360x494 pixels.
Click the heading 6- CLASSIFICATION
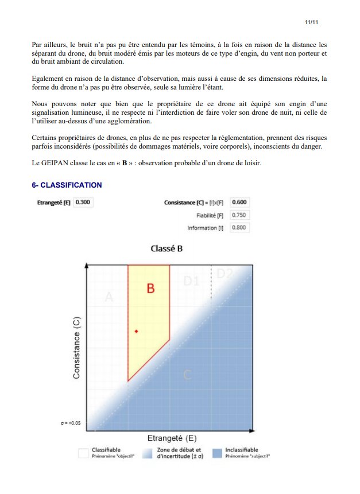point(67,185)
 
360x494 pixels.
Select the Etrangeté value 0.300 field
point(83,202)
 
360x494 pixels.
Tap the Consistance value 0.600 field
point(239,202)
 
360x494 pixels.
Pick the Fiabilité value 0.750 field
point(239,215)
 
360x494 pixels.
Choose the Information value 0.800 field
point(239,228)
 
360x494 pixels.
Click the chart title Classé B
point(167,249)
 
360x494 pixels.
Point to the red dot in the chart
point(136,332)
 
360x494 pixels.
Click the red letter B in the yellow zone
point(150,288)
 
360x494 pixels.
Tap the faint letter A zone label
point(110,297)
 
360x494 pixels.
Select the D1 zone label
point(191,281)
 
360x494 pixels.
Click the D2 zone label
point(224,274)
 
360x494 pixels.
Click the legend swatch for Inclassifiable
point(219,453)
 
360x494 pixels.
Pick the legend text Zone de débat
point(179,450)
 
